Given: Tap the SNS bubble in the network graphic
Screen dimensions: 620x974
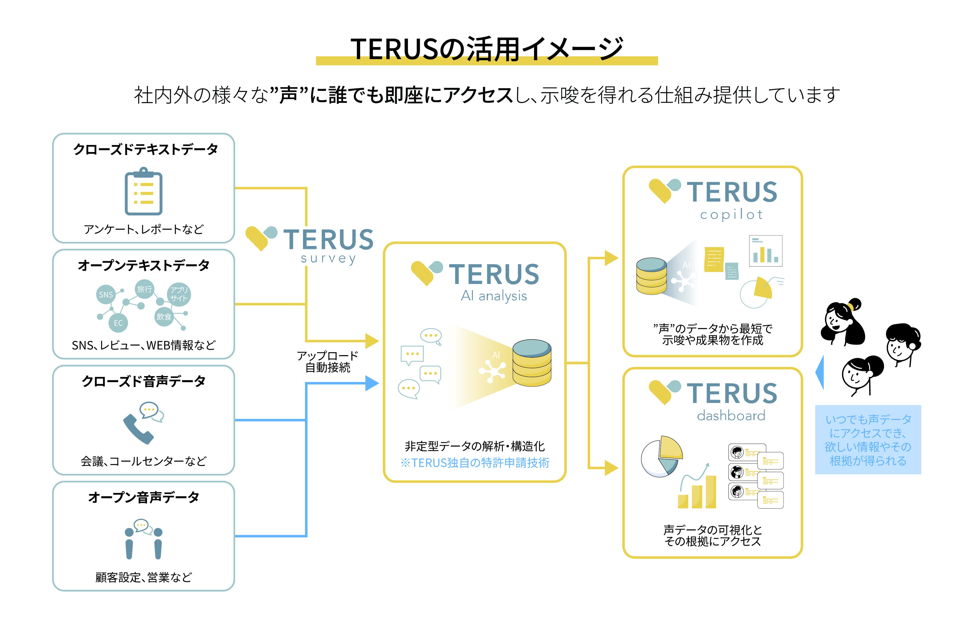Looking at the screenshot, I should [106, 294].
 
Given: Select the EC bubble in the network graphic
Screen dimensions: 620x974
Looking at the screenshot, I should [118, 323].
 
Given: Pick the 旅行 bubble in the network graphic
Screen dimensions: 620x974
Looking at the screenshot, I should [144, 289].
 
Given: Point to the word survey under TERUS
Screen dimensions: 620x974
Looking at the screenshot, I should [328, 258].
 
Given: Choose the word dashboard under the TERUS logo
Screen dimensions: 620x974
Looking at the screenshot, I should [731, 415].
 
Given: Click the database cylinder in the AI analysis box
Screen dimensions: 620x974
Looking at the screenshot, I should [531, 363].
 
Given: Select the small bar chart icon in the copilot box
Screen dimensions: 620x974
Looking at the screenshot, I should [765, 251].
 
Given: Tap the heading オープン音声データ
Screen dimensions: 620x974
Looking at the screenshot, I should [144, 497].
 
